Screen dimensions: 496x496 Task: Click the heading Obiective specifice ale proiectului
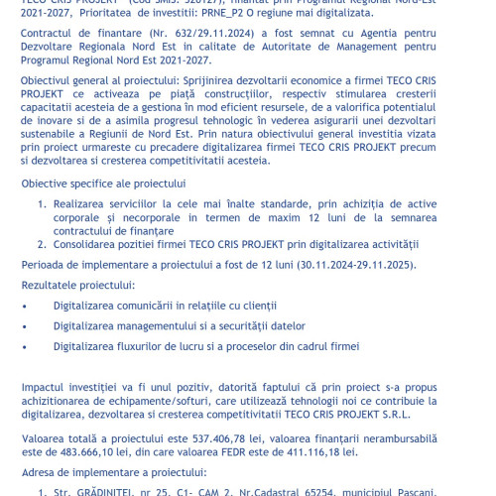click(x=103, y=184)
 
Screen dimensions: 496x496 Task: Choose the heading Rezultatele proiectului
click(x=78, y=285)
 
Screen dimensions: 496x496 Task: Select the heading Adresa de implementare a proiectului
click(x=114, y=472)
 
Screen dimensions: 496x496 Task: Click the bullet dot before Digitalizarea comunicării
click(x=24, y=307)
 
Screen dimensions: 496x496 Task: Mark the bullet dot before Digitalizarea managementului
click(x=24, y=326)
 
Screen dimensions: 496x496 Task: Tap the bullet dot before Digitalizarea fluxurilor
click(x=24, y=347)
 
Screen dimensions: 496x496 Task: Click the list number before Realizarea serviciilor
click(x=42, y=204)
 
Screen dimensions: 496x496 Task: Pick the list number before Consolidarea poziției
click(x=42, y=244)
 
